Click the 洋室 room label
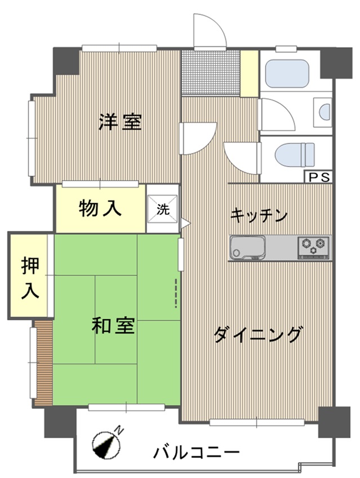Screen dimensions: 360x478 pyautogui.click(x=120, y=122)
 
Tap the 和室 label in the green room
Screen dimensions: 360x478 pyautogui.click(x=113, y=325)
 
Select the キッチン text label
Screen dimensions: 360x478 pyautogui.click(x=259, y=215)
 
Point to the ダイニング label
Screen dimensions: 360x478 pyautogui.click(x=259, y=335)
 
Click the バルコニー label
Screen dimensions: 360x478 pyautogui.click(x=196, y=453)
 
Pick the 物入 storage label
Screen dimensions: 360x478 pyautogui.click(x=100, y=209)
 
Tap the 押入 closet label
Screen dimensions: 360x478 pyautogui.click(x=30, y=278)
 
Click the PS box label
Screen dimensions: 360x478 pyautogui.click(x=318, y=178)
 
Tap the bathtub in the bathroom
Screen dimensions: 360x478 pyautogui.click(x=287, y=73)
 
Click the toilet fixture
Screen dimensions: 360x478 pyautogui.click(x=295, y=155)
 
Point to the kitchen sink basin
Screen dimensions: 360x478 pyautogui.click(x=247, y=247)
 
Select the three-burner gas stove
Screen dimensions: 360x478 pyautogui.click(x=313, y=247)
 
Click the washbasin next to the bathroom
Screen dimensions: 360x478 pyautogui.click(x=323, y=112)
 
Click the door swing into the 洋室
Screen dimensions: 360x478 pyautogui.click(x=198, y=138)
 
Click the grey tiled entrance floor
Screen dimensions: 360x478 pyautogui.click(x=211, y=73)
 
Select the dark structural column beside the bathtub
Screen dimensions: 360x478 pyautogui.click(x=336, y=63)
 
